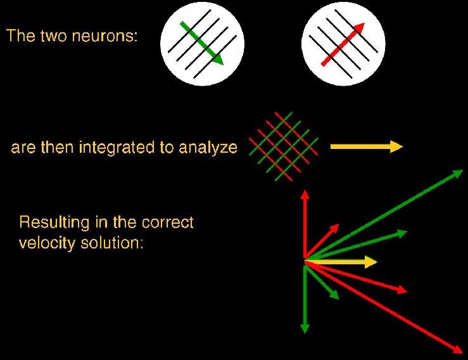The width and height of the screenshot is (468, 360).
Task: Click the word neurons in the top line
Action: click(104, 36)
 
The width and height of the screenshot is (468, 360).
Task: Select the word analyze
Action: click(208, 148)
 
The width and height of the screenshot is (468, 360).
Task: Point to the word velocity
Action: click(47, 243)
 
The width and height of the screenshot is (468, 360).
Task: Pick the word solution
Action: click(112, 243)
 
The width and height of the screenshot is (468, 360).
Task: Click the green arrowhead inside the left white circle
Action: click(217, 58)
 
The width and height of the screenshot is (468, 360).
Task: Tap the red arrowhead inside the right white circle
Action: click(359, 28)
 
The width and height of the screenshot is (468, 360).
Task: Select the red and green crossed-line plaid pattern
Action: click(284, 146)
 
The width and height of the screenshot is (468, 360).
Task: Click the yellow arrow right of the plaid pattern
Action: click(367, 146)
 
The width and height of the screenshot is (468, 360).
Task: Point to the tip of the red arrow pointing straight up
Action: click(305, 190)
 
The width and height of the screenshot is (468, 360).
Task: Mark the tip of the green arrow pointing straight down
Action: click(305, 333)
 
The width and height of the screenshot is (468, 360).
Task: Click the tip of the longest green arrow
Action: click(463, 170)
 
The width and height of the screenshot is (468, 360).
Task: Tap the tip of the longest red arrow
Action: click(463, 353)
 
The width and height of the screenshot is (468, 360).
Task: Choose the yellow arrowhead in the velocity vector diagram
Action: click(372, 262)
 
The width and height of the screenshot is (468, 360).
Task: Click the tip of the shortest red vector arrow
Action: click(339, 224)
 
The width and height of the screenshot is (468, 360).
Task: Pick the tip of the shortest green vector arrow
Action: click(339, 299)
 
